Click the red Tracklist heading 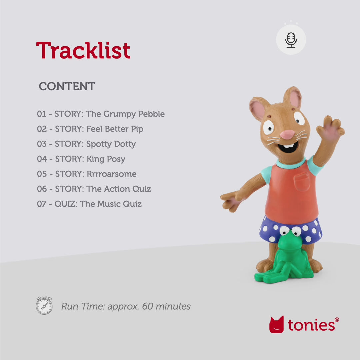[x=83, y=50]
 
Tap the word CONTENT [x=67, y=86]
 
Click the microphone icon [x=291, y=40]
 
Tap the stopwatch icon [x=44, y=305]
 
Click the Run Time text [x=126, y=306]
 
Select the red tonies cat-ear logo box [x=276, y=324]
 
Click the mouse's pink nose [x=287, y=134]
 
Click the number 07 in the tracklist [x=42, y=204]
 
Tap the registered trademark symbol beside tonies [x=337, y=320]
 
